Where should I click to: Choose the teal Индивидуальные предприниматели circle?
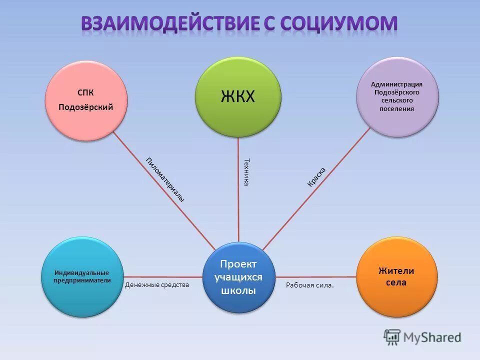tap(81, 276)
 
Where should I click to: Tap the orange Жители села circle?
tap(397, 276)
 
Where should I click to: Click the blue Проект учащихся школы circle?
tap(238, 277)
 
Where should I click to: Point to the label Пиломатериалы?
tap(165, 179)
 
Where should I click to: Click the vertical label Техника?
tap(246, 172)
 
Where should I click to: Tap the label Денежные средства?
tap(157, 285)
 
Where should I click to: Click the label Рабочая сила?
tap(309, 285)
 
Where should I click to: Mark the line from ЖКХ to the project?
tap(238, 200)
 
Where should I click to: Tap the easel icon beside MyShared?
tap(392, 337)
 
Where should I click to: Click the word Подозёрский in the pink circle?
tap(86, 107)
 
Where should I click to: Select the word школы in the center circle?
tap(238, 290)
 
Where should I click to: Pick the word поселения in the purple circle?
tap(397, 108)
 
